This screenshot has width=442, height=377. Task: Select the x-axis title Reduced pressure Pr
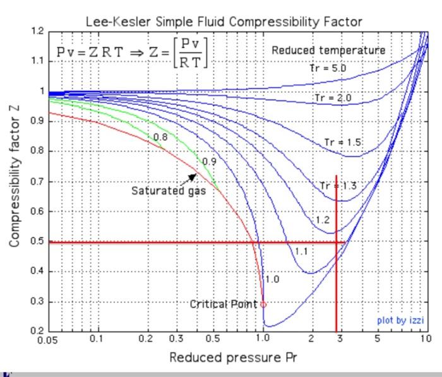232,358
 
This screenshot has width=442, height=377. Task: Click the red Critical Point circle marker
263,304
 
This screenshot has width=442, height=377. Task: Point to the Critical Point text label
224,304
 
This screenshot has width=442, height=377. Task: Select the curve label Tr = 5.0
328,68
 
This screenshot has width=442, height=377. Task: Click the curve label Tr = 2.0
333,98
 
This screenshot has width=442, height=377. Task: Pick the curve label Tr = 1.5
342,143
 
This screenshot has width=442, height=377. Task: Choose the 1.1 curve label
301,251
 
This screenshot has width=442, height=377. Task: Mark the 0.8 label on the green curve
160,137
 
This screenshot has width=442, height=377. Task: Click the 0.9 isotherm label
210,162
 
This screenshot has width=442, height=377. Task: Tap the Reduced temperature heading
328,51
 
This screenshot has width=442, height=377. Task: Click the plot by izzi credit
401,320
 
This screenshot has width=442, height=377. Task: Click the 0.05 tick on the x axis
48,339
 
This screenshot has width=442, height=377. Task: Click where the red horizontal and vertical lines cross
336,242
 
